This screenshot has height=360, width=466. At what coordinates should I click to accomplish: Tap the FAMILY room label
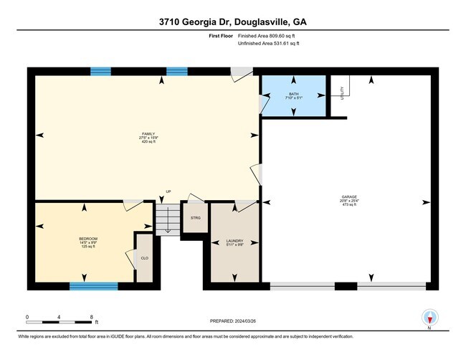coord(148,134)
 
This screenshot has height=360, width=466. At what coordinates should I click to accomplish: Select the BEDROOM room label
coord(88,238)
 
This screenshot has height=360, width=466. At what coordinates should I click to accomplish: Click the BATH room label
coord(293,93)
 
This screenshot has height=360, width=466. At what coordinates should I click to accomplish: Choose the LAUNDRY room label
coord(234,241)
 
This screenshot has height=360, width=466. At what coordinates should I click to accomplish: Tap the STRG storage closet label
coord(195,217)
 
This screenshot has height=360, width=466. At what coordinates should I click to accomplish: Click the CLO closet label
coord(144,257)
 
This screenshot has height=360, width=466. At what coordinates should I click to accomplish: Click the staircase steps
coord(168,218)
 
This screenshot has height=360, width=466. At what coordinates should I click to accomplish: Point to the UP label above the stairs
coord(168,191)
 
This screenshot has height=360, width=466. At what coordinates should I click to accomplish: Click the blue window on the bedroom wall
coord(93,286)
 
